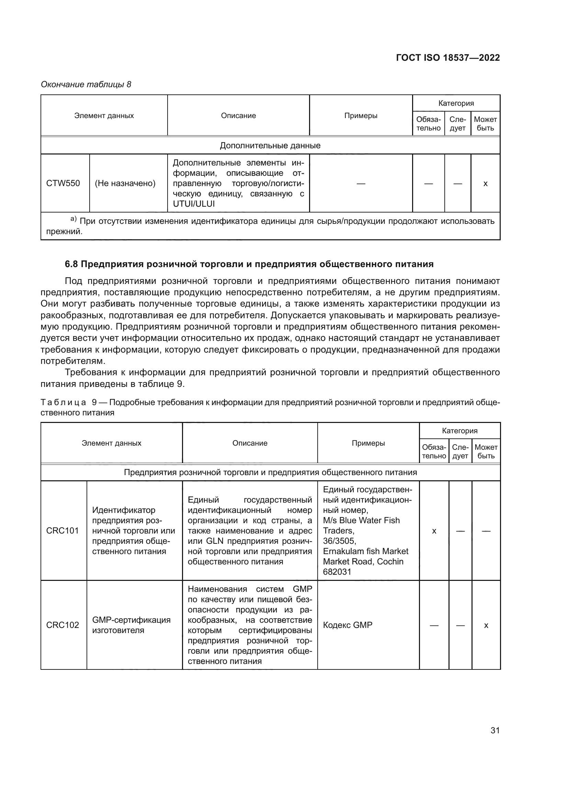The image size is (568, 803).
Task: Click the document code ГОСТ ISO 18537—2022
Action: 448,58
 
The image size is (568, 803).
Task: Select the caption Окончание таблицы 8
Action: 86,84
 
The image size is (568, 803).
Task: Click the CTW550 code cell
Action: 63,183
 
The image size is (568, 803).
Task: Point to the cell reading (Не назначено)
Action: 125,183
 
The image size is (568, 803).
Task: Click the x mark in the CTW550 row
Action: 485,184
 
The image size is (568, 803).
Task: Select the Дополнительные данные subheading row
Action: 270,146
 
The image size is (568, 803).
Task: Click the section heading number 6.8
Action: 71,264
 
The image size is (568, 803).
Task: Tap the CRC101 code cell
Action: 63,530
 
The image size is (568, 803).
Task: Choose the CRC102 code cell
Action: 63,625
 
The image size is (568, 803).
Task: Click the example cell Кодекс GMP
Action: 348,625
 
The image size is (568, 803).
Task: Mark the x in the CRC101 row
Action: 434,531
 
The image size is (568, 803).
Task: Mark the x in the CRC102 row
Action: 486,625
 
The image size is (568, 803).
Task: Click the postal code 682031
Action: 337,572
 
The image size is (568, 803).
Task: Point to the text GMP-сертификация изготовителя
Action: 131,625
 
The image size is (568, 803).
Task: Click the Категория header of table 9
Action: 459,431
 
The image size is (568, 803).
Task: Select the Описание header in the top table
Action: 238,116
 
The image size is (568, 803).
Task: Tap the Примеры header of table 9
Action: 368,443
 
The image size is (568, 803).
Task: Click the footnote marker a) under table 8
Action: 73,219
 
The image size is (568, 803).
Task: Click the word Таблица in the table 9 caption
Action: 63,403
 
